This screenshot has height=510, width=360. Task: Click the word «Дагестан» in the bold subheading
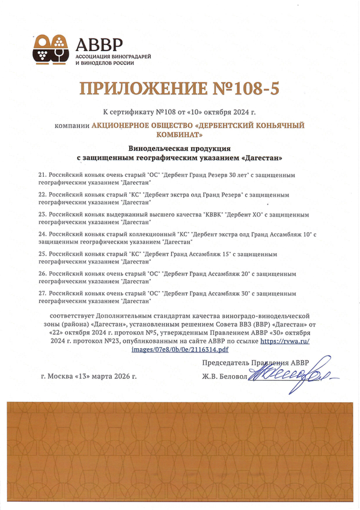coord(260,157)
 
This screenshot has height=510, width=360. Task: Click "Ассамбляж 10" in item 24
coord(290,233)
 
